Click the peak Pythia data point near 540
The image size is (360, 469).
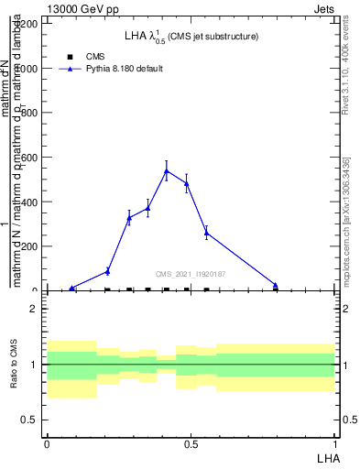[166, 170]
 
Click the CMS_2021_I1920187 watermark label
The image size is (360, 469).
[191, 274]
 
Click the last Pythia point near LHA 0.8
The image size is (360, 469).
[276, 285]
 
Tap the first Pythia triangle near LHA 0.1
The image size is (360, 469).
[72, 288]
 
